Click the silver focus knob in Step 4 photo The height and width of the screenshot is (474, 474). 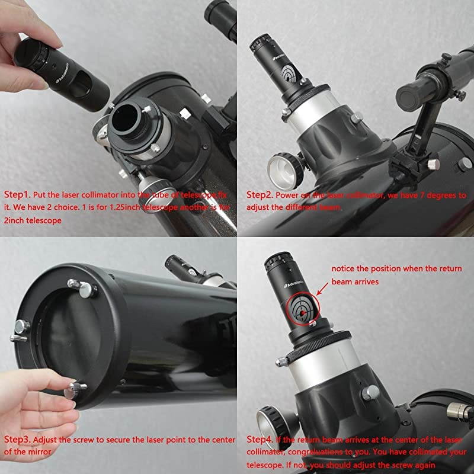coord(274,422)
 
